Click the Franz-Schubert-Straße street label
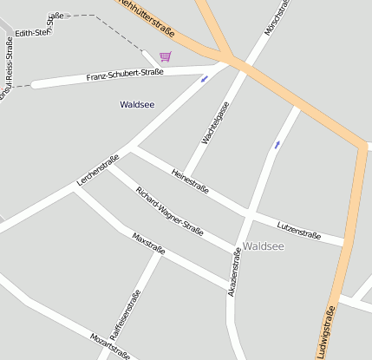125,76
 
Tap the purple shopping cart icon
165,57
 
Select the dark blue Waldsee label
137,104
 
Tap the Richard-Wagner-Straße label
170,211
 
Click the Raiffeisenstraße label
126,313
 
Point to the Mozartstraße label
110,345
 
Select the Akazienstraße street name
234,272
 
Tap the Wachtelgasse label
216,122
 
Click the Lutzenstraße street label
299,229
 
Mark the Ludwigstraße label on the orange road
326,332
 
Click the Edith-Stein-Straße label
36,26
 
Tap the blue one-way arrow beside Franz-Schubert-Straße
205,79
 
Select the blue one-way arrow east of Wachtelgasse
277,144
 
